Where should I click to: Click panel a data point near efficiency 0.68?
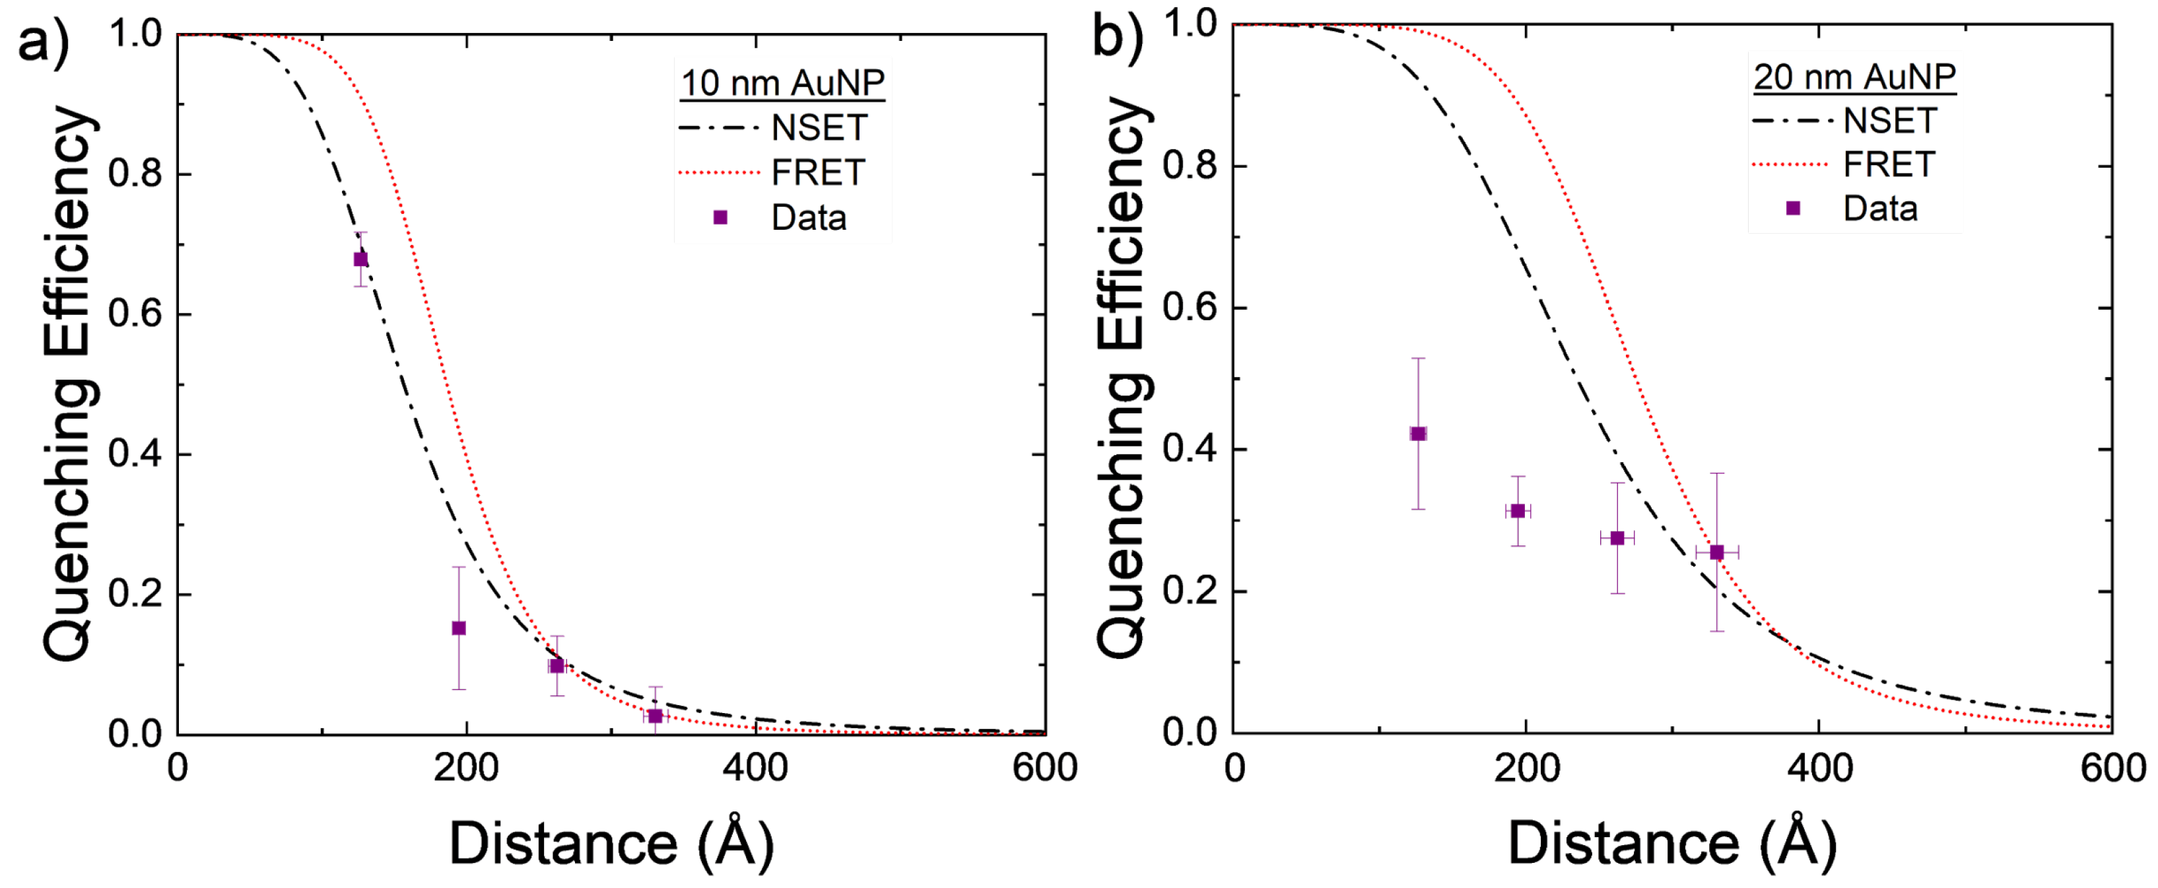pyautogui.click(x=360, y=259)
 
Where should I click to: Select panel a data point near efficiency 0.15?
pyautogui.click(x=459, y=629)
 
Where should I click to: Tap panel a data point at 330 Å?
pyautogui.click(x=655, y=716)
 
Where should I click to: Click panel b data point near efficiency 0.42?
pyautogui.click(x=1418, y=434)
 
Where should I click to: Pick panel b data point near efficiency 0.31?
pyautogui.click(x=1518, y=511)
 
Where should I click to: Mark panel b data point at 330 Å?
pyautogui.click(x=1716, y=552)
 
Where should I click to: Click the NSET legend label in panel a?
pyautogui.click(x=819, y=128)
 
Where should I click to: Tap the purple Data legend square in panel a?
pyautogui.click(x=720, y=218)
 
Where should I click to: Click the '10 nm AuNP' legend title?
pyautogui.click(x=782, y=83)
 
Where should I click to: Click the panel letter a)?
pyautogui.click(x=44, y=40)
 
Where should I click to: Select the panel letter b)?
pyautogui.click(x=1118, y=38)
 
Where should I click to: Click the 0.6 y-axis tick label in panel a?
pyautogui.click(x=135, y=314)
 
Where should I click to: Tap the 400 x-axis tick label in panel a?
pyautogui.click(x=756, y=767)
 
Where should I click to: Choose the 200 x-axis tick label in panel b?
pyautogui.click(x=1526, y=767)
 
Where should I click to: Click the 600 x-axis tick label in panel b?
pyautogui.click(x=2112, y=767)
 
